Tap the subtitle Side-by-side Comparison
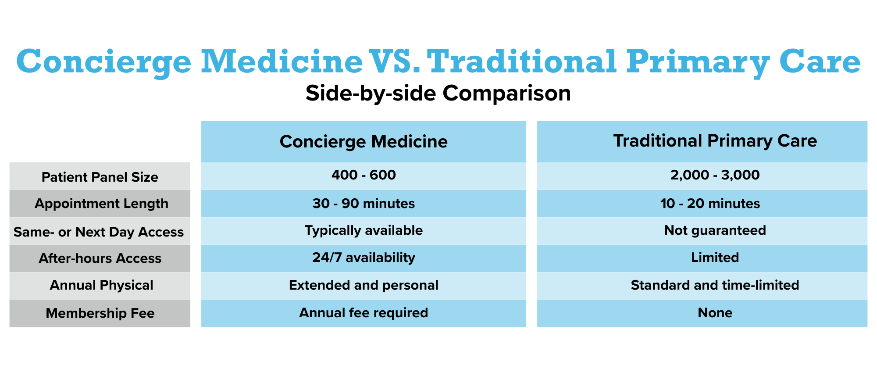click(x=438, y=93)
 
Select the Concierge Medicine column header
click(x=364, y=142)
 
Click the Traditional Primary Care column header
click(x=715, y=141)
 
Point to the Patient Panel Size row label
click(x=100, y=177)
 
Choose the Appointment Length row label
click(x=101, y=204)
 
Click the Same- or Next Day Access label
click(x=99, y=232)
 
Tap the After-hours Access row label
click(x=100, y=258)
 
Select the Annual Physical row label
click(x=101, y=285)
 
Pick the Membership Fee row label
click(x=100, y=313)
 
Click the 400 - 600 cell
click(x=364, y=175)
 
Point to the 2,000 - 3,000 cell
click(x=715, y=175)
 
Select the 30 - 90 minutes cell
click(x=364, y=203)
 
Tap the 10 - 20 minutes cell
click(x=710, y=203)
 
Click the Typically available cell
click(x=364, y=230)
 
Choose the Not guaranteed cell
click(x=715, y=230)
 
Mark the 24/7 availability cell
click(x=364, y=257)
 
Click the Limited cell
click(x=715, y=257)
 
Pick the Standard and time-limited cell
click(x=715, y=285)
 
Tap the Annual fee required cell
click(x=364, y=313)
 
